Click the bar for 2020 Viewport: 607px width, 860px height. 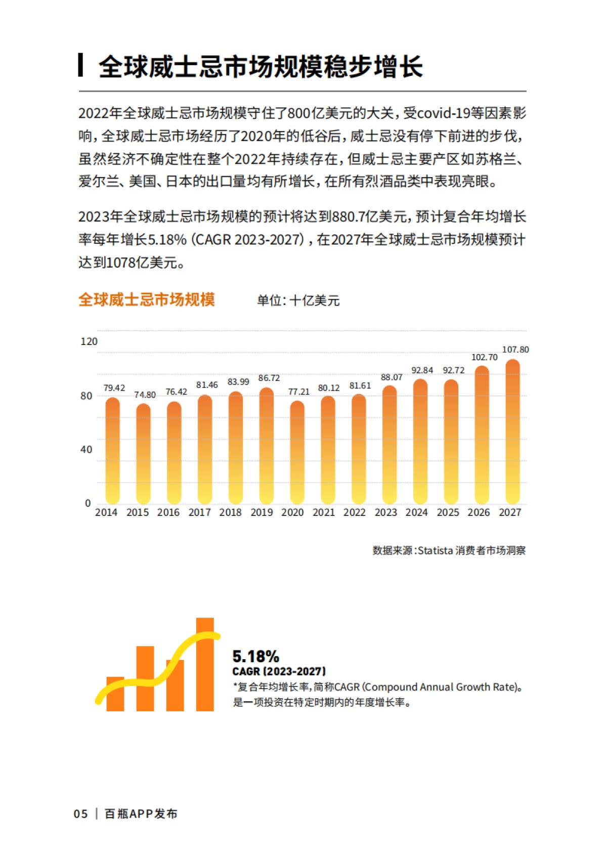tap(297, 452)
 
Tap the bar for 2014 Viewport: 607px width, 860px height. tap(113, 450)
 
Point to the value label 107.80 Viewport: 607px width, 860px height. tap(515, 350)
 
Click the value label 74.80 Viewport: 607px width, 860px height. tap(145, 395)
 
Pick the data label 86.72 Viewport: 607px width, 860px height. tap(269, 378)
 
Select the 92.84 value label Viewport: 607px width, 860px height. tap(422, 370)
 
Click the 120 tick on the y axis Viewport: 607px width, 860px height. tap(89, 341)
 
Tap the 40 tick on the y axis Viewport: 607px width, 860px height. tap(86, 449)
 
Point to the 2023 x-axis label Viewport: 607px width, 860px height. tap(385, 512)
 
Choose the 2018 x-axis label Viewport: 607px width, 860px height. tap(230, 512)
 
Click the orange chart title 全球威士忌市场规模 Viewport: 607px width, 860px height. tap(147, 299)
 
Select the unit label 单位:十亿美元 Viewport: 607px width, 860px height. tap(298, 300)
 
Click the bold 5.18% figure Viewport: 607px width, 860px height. tap(255, 656)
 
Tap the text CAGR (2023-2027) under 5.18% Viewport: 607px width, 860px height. tap(279, 671)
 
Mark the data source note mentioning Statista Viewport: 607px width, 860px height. tap(449, 550)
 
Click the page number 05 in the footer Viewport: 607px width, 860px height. tap(80, 814)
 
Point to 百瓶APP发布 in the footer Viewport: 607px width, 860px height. tap(141, 814)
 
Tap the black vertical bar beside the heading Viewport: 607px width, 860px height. tap(81, 65)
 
